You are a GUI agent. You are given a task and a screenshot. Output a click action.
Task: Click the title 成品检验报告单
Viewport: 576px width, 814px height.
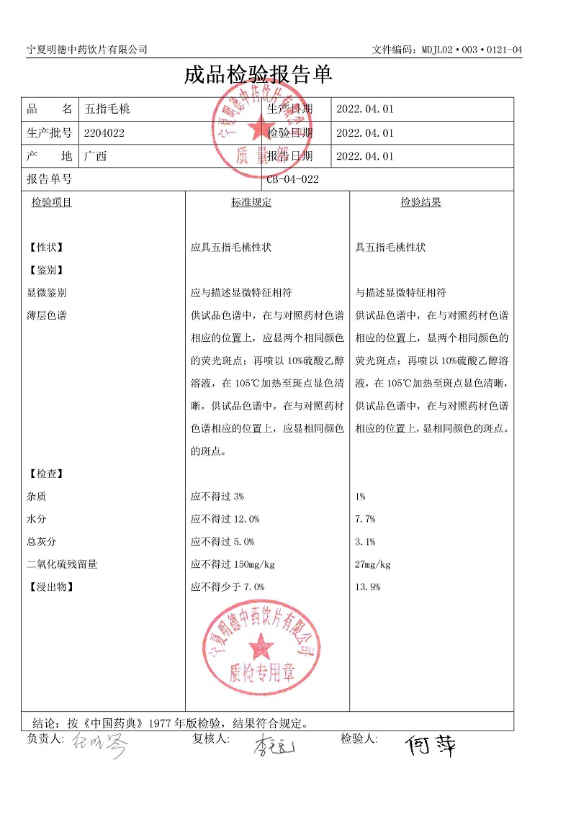tap(258, 75)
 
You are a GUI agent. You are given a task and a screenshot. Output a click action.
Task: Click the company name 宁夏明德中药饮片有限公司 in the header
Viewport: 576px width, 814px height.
tap(87, 49)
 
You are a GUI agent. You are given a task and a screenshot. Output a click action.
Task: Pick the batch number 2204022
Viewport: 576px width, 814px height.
tap(104, 132)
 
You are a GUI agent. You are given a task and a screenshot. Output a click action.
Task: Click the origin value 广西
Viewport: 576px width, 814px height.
tap(95, 155)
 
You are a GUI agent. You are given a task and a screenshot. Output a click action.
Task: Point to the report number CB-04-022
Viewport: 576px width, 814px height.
tap(292, 179)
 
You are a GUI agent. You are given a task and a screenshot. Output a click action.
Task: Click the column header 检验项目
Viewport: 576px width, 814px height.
tap(52, 203)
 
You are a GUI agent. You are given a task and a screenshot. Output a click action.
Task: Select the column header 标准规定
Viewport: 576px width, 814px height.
tap(251, 203)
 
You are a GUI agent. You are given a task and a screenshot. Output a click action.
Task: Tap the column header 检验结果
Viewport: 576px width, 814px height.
tap(421, 203)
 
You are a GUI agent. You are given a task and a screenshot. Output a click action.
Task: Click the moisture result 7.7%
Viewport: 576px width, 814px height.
tap(365, 519)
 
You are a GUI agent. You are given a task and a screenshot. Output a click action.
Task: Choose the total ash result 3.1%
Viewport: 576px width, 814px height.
tap(365, 542)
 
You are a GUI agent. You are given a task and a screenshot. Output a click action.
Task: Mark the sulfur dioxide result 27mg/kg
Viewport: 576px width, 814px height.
tap(373, 564)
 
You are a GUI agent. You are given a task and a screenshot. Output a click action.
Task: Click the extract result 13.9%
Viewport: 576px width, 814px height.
tap(368, 587)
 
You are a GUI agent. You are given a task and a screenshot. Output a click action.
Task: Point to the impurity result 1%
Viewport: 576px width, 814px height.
tap(361, 497)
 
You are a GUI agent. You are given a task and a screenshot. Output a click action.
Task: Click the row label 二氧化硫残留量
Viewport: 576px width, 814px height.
tap(62, 564)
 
